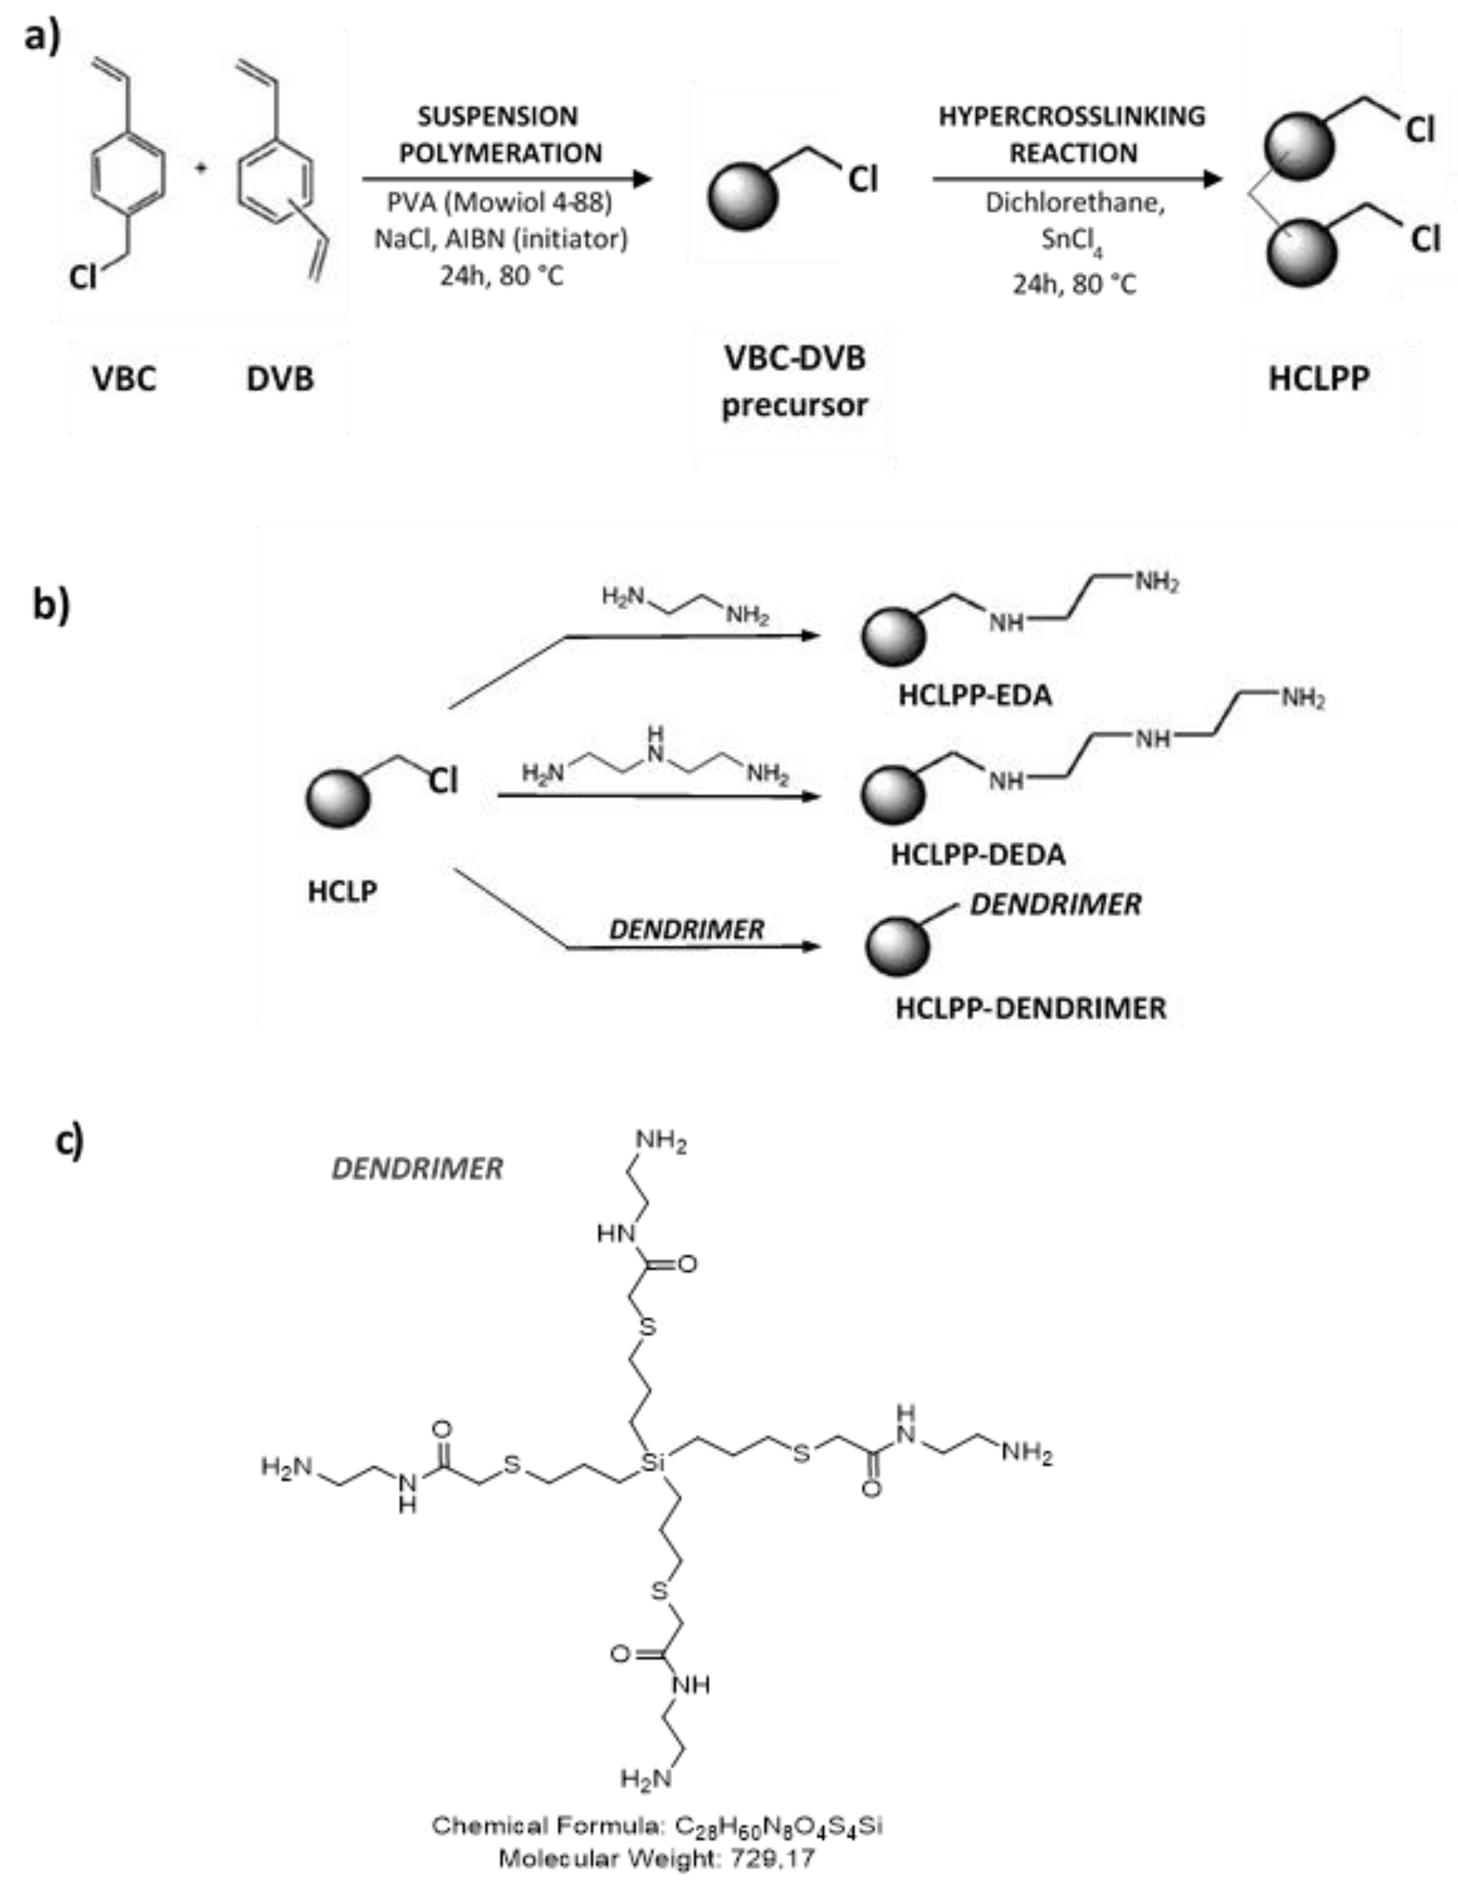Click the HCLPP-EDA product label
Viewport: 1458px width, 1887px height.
975,696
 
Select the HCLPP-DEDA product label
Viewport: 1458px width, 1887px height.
977,855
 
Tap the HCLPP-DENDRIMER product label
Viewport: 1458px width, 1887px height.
1030,1008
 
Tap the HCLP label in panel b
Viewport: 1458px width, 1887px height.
342,891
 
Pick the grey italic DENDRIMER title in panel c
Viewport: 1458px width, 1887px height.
418,1169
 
